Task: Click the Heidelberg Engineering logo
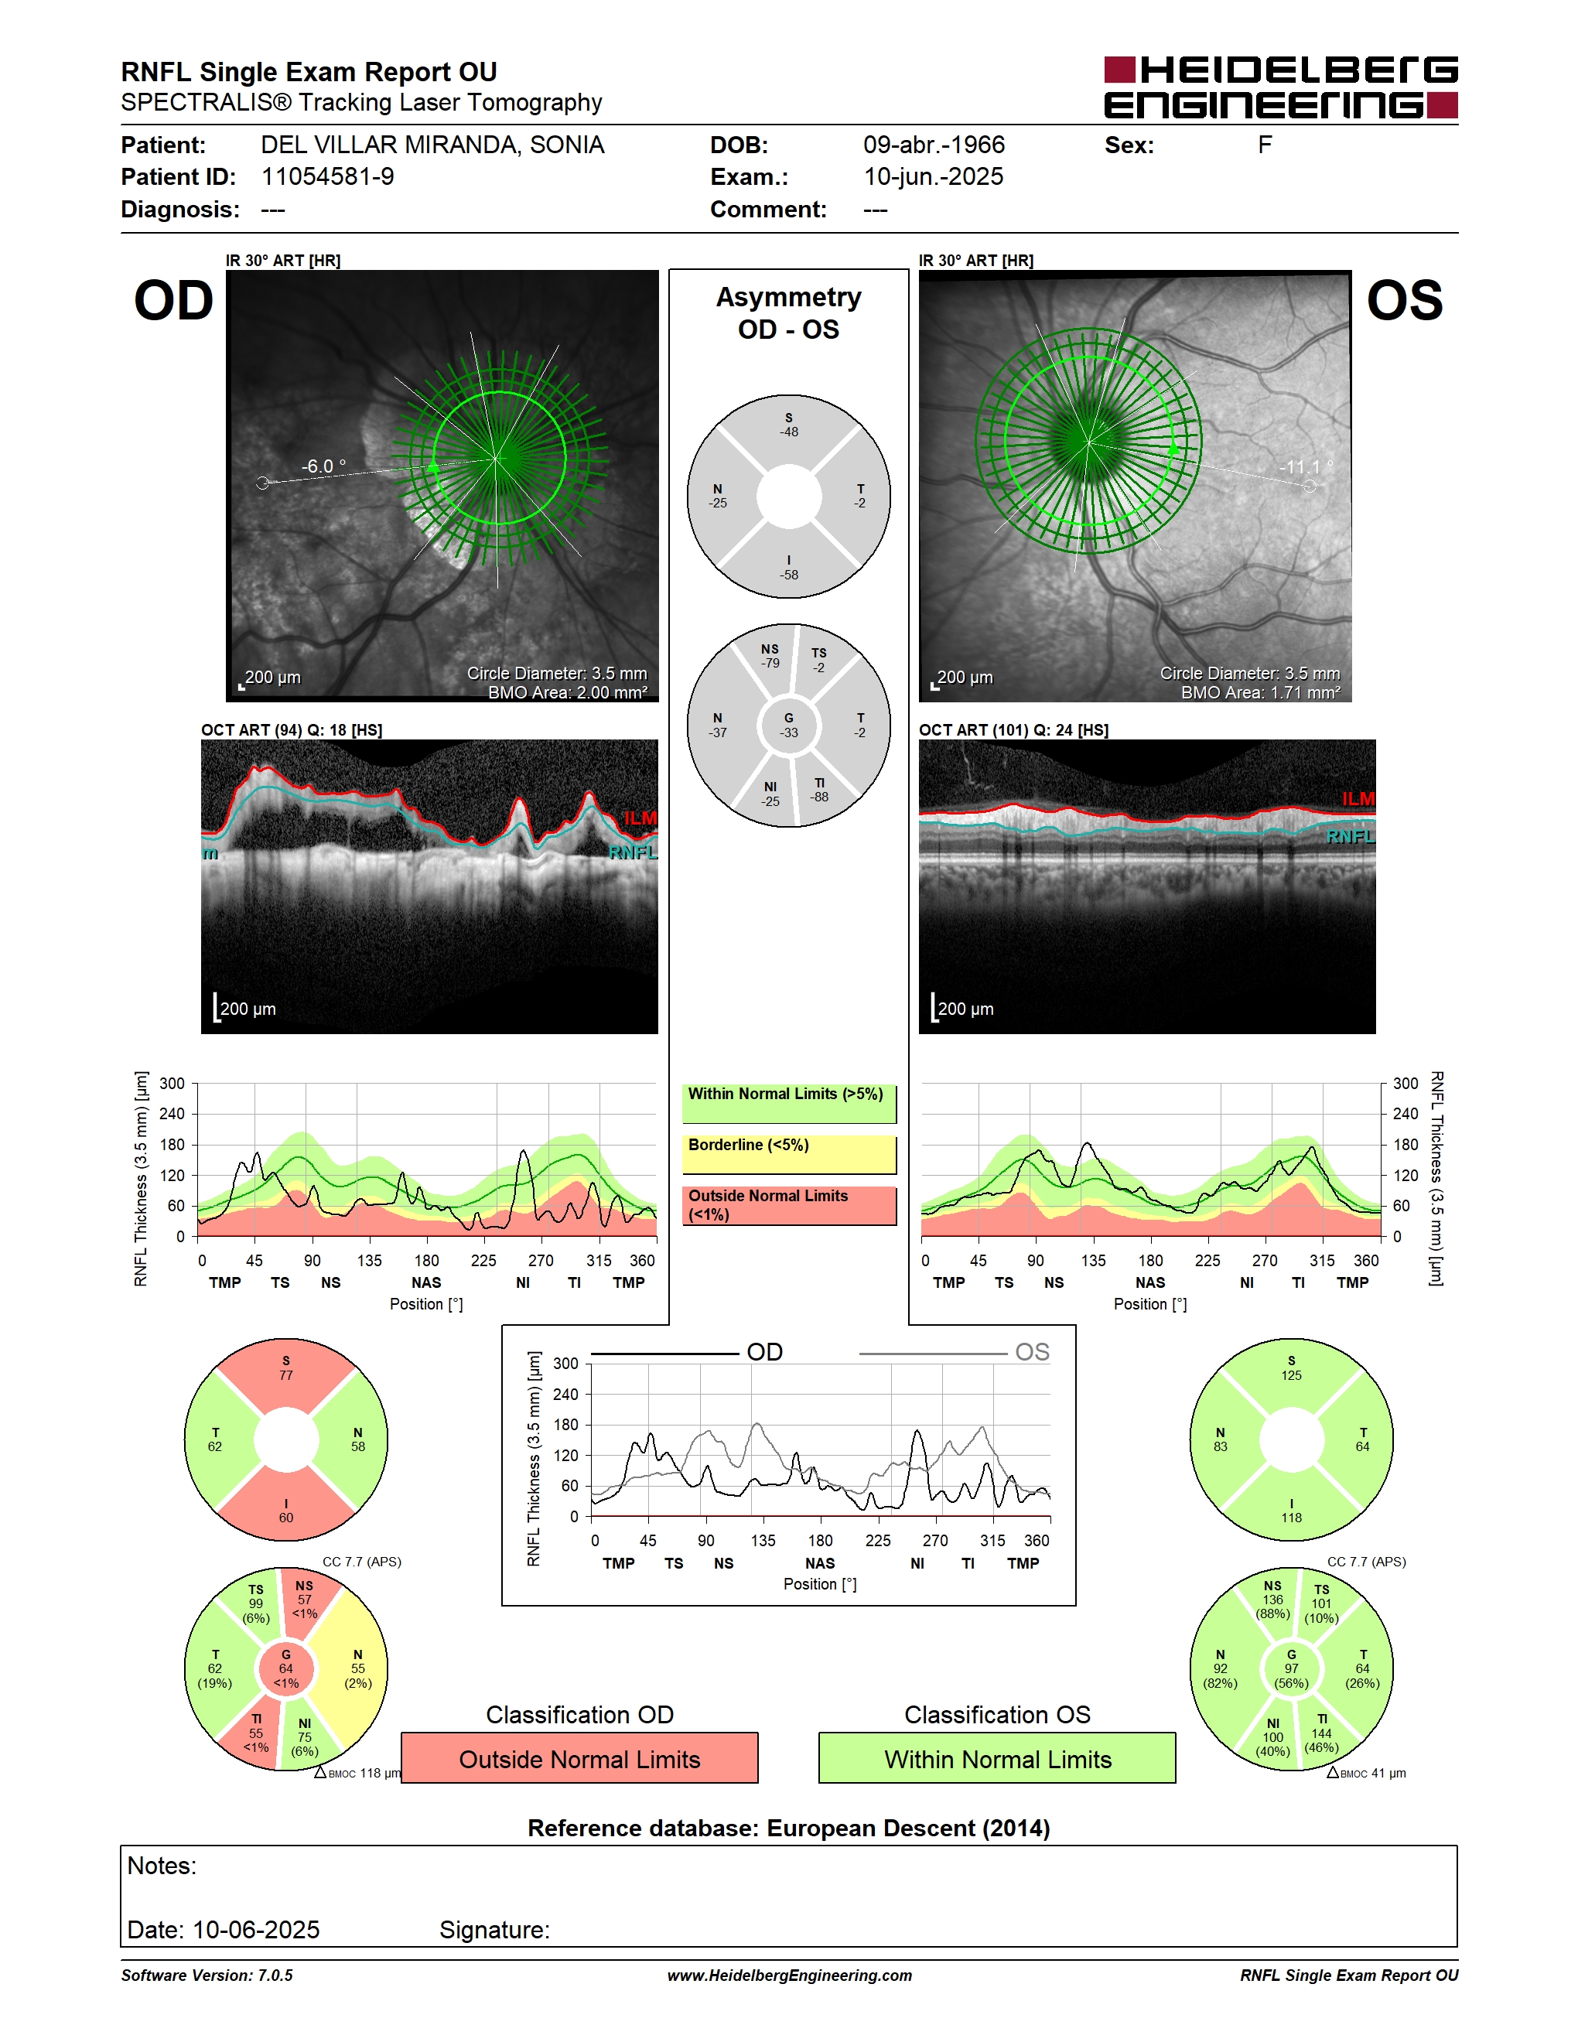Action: click(1281, 87)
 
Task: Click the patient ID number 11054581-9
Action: click(327, 176)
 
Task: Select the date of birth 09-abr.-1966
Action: click(934, 145)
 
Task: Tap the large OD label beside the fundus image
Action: click(174, 300)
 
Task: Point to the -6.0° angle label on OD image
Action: click(323, 466)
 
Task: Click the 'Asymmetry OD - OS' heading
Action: click(789, 313)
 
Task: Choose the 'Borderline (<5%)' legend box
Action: click(789, 1155)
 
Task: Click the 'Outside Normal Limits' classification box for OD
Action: click(579, 1759)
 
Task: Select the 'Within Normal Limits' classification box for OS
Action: click(998, 1759)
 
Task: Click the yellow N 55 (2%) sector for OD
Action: click(355, 1669)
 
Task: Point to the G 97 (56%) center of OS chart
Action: click(1291, 1669)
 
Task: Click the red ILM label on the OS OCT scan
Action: click(1358, 798)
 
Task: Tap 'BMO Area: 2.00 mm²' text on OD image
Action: click(568, 693)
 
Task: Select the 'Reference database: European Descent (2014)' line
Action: click(789, 1828)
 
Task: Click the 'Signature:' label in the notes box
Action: click(494, 1930)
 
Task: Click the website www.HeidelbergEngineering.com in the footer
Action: click(790, 1975)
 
